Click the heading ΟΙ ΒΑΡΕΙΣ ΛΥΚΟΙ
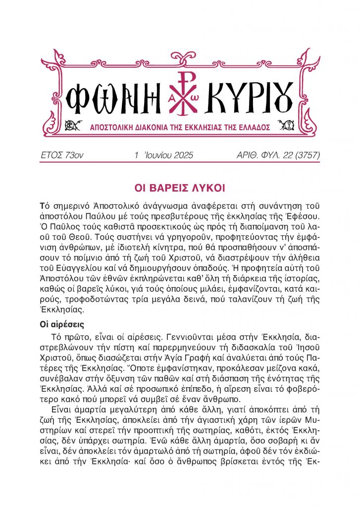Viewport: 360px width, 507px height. coord(180,188)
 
